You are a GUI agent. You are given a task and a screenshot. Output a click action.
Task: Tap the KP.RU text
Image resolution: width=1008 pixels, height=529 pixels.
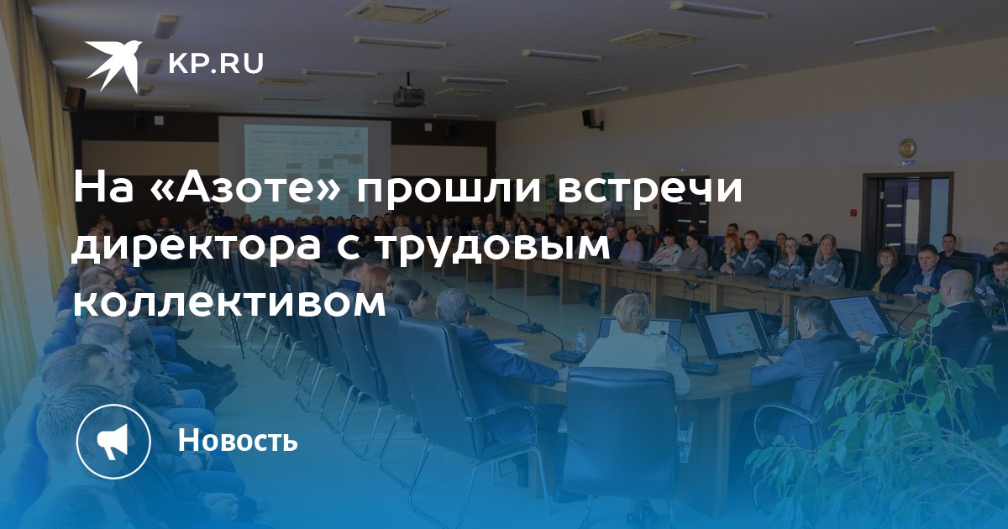pos(216,63)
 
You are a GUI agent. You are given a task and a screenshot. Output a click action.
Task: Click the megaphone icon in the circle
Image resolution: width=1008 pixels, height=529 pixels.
pos(113,441)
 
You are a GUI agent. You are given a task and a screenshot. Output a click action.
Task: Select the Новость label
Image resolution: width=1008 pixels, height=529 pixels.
pos(238,440)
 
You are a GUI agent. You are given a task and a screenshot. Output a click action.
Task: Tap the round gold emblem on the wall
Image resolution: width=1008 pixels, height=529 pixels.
pos(907,148)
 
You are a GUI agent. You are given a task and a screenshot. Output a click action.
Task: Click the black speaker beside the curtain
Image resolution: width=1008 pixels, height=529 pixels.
pos(74,98)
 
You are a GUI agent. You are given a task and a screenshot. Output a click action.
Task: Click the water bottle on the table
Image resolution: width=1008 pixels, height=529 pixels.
pos(581,340)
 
